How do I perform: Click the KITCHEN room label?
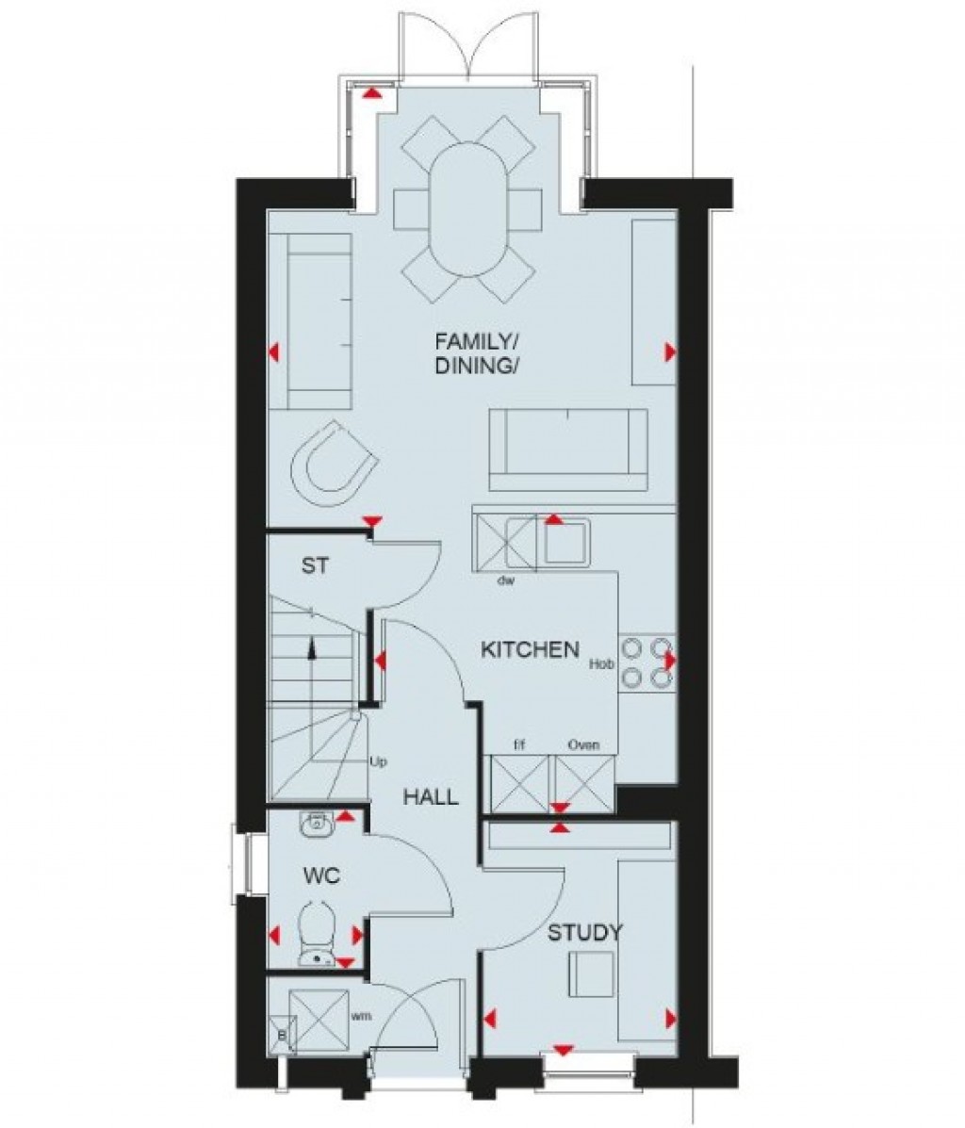click(530, 649)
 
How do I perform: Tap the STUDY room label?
click(585, 933)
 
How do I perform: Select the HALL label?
click(431, 797)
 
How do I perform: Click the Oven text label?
click(583, 745)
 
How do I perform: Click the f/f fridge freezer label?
click(518, 745)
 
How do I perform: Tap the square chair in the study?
click(592, 973)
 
